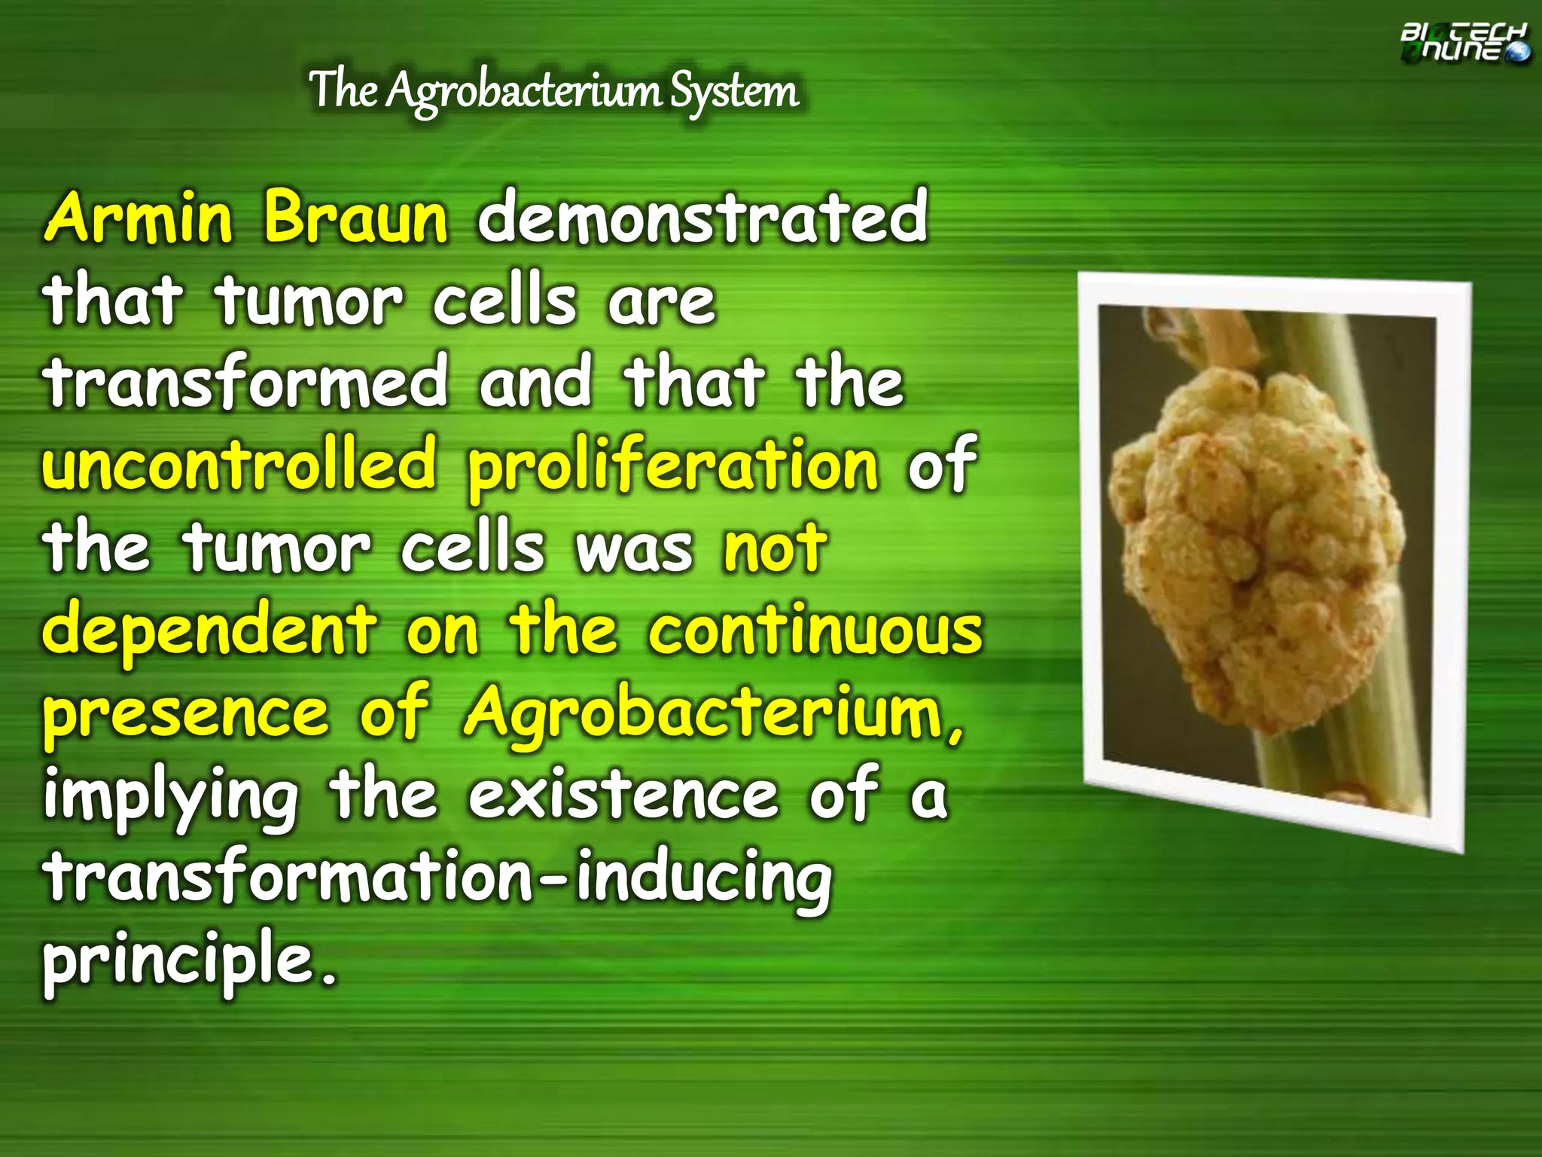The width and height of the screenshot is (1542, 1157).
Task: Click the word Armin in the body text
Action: [x=139, y=218]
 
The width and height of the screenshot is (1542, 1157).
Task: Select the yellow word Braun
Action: [x=355, y=218]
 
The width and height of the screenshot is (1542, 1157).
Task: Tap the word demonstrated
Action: [x=702, y=218]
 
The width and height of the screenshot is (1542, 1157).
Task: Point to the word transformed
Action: [x=247, y=382]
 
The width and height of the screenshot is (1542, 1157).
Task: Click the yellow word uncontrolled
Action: [x=239, y=464]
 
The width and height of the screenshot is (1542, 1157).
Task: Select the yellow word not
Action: [x=775, y=548]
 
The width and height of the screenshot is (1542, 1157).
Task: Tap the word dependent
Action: [x=209, y=631]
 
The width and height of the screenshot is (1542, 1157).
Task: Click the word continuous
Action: [x=816, y=630]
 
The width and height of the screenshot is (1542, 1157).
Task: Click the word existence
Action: [x=623, y=795]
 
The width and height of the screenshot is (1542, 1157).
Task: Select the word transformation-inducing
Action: [x=437, y=880]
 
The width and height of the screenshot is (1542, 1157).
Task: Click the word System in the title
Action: [x=734, y=91]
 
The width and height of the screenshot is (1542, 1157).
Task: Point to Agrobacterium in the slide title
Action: [x=523, y=93]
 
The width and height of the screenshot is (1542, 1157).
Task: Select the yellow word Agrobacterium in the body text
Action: [x=704, y=714]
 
